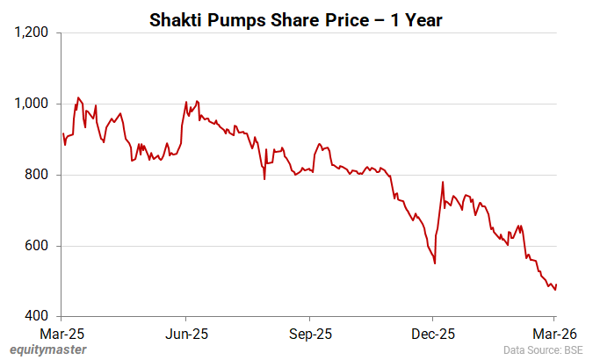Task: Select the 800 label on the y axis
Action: click(x=38, y=175)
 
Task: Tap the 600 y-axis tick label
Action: click(x=38, y=246)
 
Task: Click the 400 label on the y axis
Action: click(x=38, y=316)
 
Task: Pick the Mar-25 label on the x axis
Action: click(x=62, y=334)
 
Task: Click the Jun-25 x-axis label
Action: click(x=186, y=334)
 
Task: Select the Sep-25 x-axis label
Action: click(x=309, y=334)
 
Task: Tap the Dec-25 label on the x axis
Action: click(x=432, y=334)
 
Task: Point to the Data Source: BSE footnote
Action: click(x=543, y=349)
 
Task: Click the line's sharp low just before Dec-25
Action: click(x=435, y=263)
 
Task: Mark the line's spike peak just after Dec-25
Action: click(x=443, y=183)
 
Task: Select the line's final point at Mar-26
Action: click(x=557, y=284)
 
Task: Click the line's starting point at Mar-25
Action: click(x=63, y=133)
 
